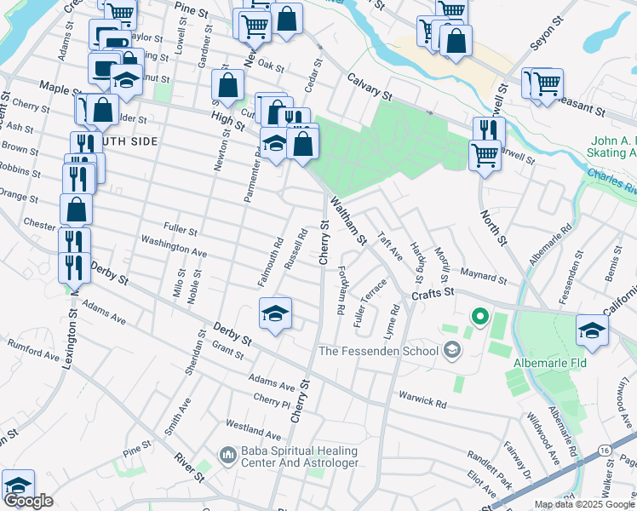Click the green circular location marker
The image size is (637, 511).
[479, 319]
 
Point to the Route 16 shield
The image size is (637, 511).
[627, 448]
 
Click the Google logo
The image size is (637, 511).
[28, 502]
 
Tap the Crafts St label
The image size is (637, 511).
[430, 293]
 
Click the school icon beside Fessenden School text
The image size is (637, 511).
[451, 350]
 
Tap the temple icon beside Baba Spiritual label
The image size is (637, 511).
[227, 456]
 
